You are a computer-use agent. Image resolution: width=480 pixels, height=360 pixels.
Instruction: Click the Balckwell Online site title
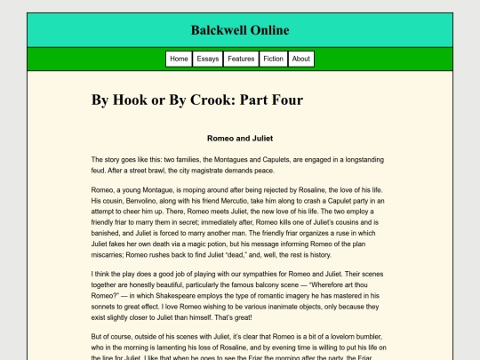[x=239, y=30]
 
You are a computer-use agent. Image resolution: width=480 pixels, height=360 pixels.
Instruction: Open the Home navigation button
[x=179, y=59]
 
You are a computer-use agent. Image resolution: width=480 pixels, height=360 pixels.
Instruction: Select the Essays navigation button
[x=208, y=59]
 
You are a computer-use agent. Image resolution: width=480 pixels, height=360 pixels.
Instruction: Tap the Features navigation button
[x=241, y=59]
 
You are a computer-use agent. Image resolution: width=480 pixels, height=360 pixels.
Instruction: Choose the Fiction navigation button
[x=274, y=59]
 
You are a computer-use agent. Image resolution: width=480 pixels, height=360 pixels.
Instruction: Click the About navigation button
[x=301, y=59]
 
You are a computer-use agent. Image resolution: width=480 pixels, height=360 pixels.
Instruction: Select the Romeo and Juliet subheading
[x=239, y=139]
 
